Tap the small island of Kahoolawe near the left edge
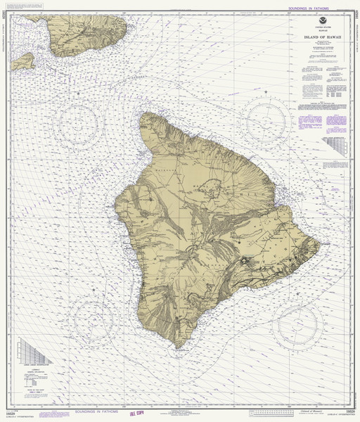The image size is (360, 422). [24, 60]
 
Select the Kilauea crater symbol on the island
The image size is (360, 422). [245, 261]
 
